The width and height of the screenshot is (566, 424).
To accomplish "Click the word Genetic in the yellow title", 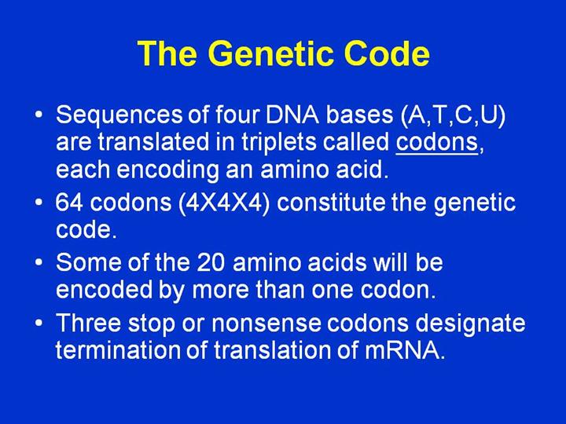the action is coord(271,54).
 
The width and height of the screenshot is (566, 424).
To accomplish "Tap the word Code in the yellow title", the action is coord(387,53).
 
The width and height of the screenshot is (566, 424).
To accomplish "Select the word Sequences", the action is coord(119,116).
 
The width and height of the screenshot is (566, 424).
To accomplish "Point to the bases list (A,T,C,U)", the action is coord(454,115).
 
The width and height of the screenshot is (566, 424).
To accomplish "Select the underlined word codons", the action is coord(437,141).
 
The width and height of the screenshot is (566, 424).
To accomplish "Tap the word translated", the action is coord(154,141).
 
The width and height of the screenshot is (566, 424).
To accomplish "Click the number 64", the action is coord(69,203).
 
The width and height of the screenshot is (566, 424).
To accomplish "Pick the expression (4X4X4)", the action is coord(224,203).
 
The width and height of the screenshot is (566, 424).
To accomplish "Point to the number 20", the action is coord(211,262).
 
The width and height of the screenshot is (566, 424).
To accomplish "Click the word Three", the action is coord(88,323).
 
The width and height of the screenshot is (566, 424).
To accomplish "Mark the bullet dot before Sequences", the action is coord(39,115).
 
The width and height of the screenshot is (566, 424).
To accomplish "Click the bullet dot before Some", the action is coord(39,261).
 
